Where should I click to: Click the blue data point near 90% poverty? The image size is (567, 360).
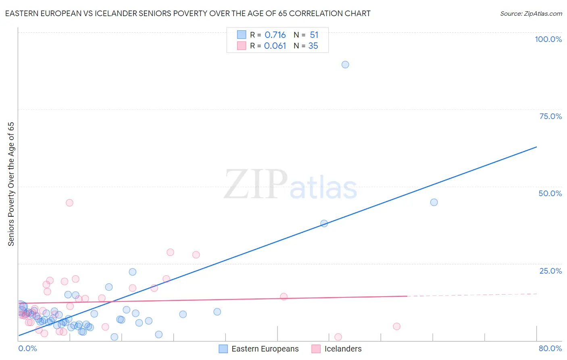[x=345, y=65]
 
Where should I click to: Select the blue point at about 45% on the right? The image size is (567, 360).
[x=434, y=202]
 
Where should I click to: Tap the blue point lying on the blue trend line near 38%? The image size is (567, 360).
[x=324, y=223]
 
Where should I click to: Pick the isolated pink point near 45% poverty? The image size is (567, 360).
[x=69, y=203]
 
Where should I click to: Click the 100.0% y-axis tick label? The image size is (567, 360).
[x=548, y=39]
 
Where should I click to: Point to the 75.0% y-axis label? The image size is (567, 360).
[x=550, y=116]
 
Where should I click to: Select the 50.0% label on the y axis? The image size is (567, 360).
[x=550, y=193]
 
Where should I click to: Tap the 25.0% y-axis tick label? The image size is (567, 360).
[x=550, y=271]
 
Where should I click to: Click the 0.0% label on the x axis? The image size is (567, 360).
[x=27, y=348]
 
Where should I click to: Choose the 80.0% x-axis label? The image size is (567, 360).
[x=550, y=348]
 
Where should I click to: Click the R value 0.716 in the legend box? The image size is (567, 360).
[x=275, y=35]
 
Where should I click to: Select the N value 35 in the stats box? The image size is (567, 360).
[x=313, y=46]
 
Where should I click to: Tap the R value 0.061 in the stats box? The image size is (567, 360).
[x=275, y=46]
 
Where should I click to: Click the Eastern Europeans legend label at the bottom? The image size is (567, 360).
[x=265, y=349]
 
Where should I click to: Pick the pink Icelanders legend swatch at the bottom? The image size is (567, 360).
[x=316, y=349]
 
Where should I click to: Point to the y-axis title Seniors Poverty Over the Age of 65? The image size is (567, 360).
[x=11, y=184]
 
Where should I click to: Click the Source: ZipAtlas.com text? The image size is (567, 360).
[x=531, y=14]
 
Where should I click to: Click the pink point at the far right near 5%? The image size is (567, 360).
[x=396, y=327]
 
